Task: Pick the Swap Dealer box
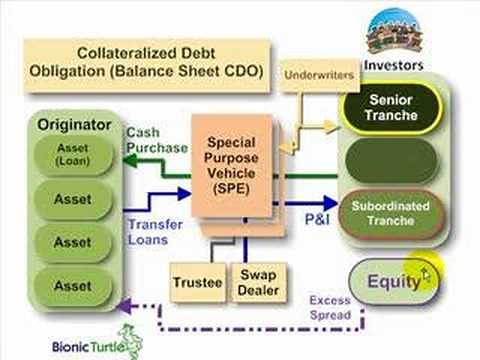pyautogui.click(x=255, y=282)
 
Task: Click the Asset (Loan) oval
pyautogui.click(x=72, y=156)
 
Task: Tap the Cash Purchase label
pyautogui.click(x=157, y=140)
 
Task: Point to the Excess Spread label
pyautogui.click(x=329, y=307)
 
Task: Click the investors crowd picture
pyautogui.click(x=396, y=35)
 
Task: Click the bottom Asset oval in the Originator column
pyautogui.click(x=72, y=285)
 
